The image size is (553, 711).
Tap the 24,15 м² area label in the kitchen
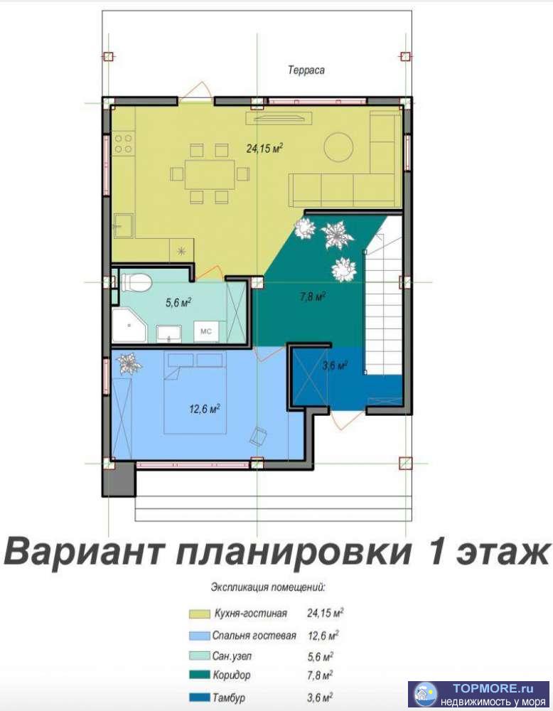coord(264,149)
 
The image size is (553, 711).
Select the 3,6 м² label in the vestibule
coord(334,366)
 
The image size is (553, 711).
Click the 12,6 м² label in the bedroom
coord(205,408)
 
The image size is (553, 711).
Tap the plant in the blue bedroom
coord(129,363)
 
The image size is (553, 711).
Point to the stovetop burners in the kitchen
coord(123,144)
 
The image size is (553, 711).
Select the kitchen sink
coord(122,226)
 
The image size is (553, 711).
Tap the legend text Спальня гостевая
coord(254,635)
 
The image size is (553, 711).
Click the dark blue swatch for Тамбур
coord(197,696)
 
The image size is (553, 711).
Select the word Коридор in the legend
coord(232,675)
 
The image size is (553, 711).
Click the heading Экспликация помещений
coord(268,588)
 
